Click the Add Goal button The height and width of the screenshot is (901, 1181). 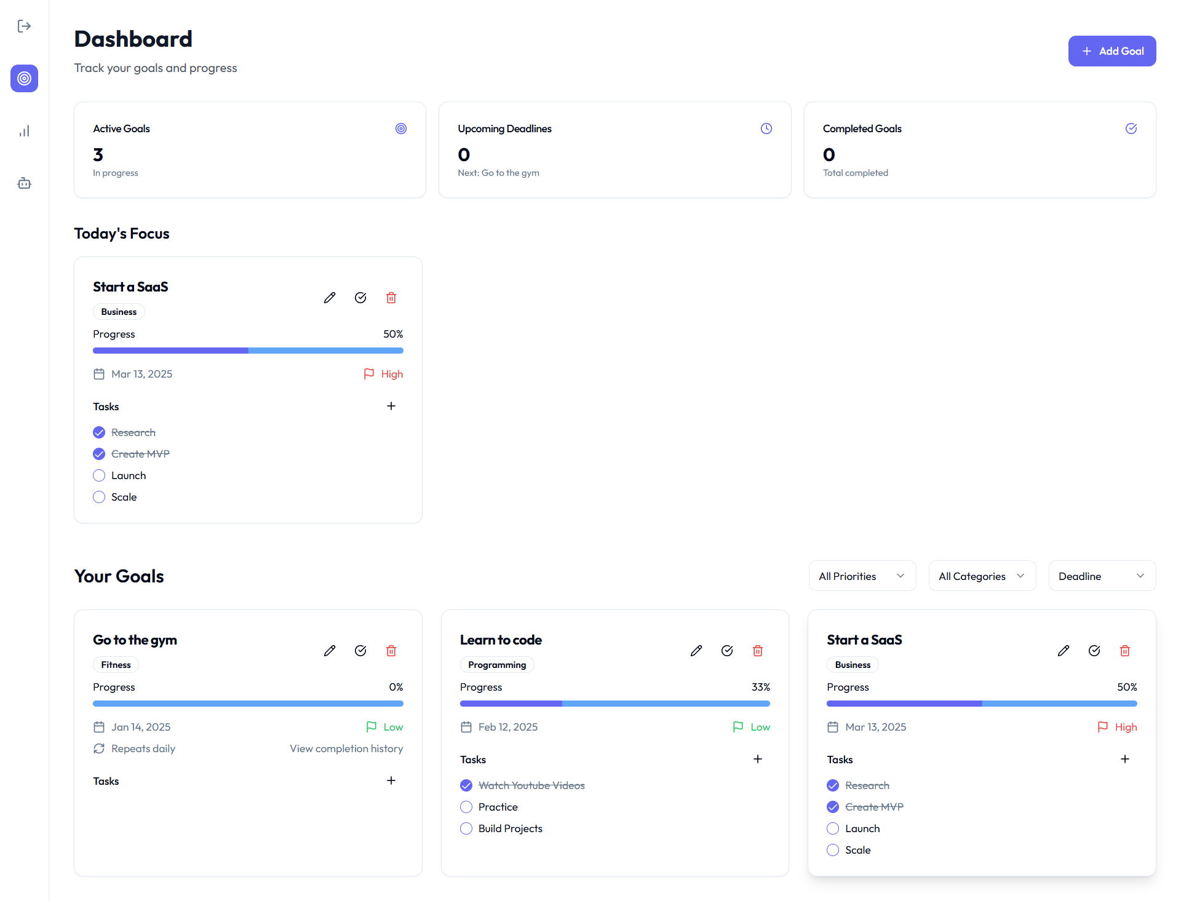point(1111,51)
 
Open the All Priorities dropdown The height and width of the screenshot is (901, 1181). point(862,576)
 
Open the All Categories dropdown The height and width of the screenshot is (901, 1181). point(982,576)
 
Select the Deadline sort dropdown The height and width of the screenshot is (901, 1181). point(1102,576)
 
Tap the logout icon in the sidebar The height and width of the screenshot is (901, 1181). point(24,26)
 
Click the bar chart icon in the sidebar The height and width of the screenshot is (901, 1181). point(24,131)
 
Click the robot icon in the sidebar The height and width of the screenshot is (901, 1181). point(24,183)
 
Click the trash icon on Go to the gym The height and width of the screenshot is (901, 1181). point(391,651)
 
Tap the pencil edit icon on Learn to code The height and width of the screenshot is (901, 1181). point(696,651)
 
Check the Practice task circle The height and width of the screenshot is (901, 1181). point(466,807)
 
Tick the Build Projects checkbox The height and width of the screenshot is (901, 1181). point(466,828)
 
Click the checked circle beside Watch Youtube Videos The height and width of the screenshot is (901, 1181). point(466,785)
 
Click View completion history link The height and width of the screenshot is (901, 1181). point(346,748)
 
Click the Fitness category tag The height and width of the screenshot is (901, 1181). point(116,665)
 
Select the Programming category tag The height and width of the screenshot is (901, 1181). point(497,665)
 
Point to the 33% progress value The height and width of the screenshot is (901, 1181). point(760,687)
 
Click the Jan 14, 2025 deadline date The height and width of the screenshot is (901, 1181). point(141,727)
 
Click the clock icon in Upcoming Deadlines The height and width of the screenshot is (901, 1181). point(766,129)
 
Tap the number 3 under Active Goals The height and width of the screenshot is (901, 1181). point(98,154)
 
